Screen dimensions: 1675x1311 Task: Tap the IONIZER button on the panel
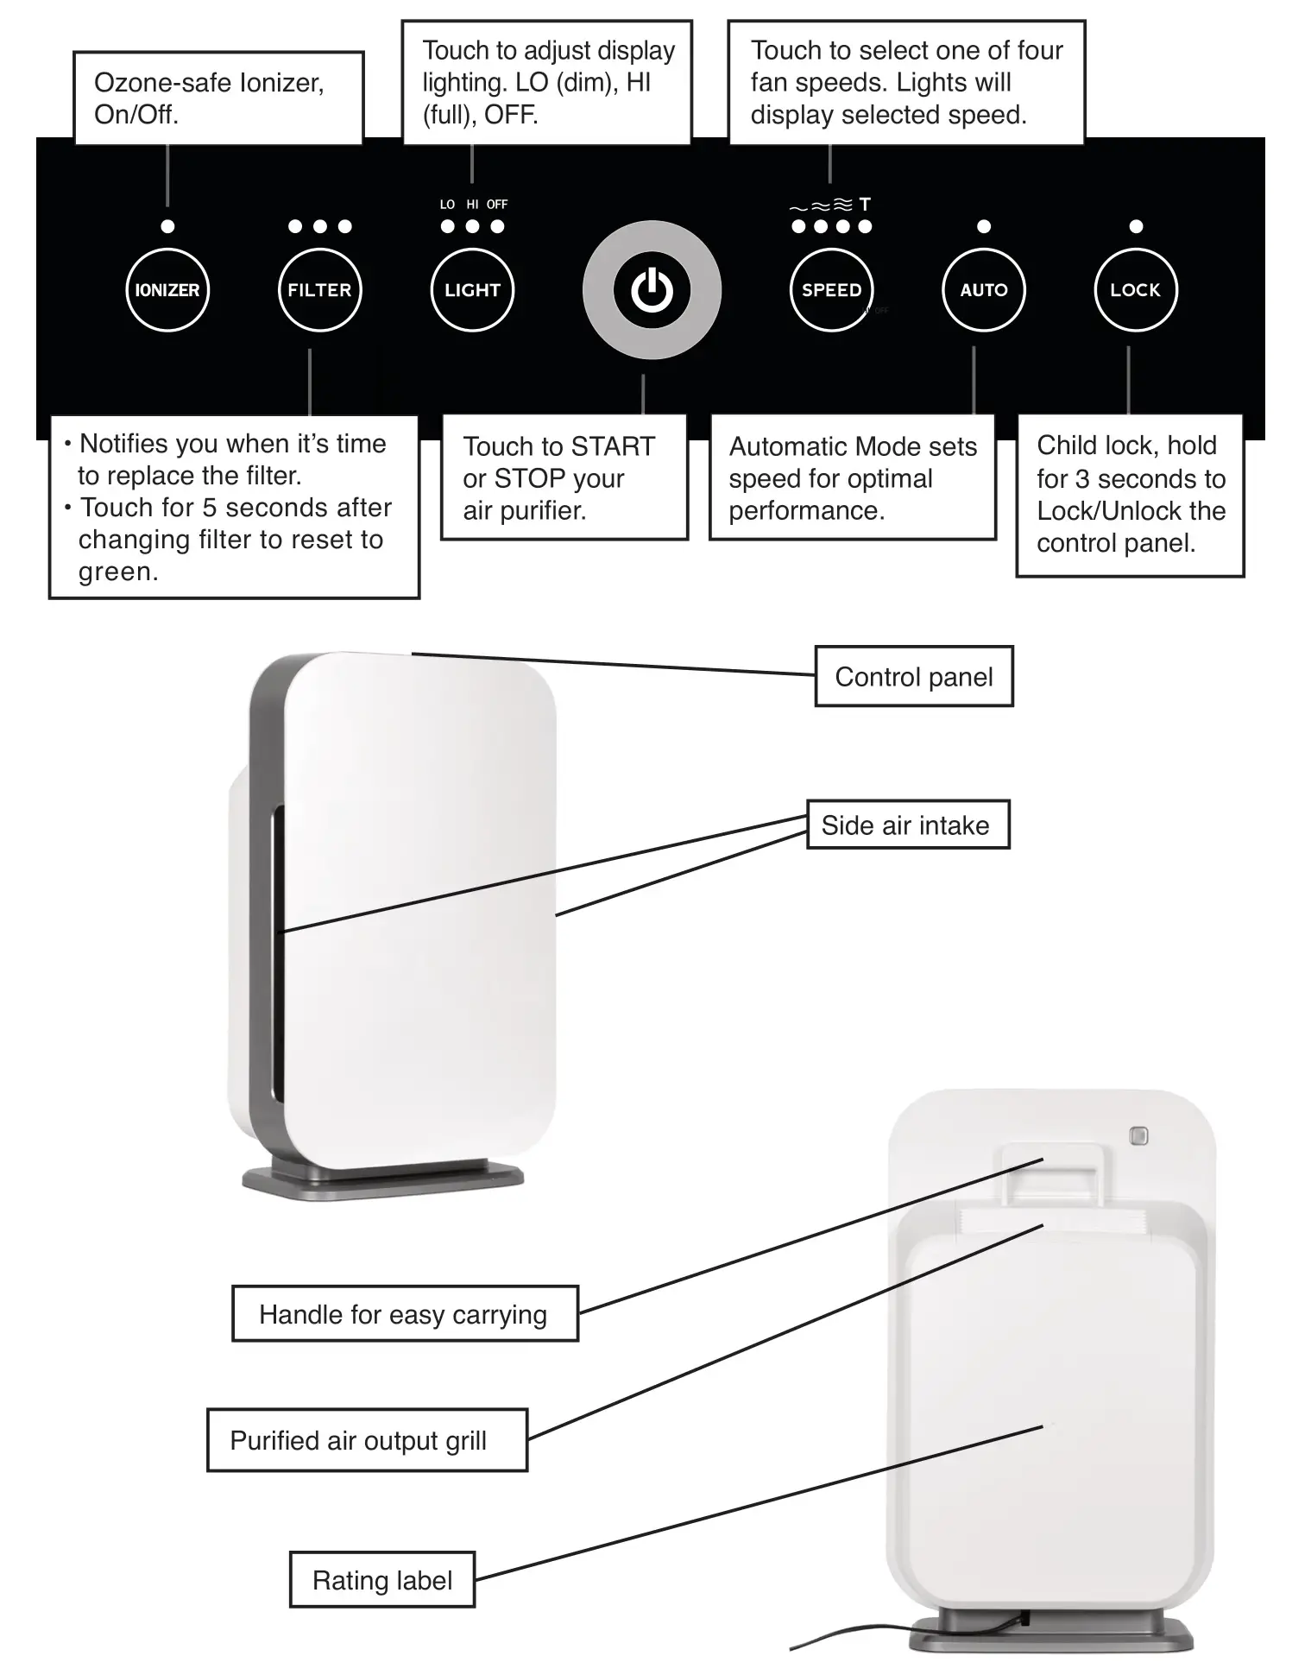point(167,290)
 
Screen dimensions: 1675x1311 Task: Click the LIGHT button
point(472,290)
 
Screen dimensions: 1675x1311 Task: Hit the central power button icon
point(652,290)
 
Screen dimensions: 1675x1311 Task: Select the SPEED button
point(831,290)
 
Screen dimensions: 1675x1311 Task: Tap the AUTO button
point(984,290)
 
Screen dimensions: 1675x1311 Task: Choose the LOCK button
point(1136,290)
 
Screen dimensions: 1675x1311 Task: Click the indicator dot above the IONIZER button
point(167,226)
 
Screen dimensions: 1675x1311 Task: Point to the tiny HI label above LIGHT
point(472,205)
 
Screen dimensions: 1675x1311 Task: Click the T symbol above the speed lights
point(865,205)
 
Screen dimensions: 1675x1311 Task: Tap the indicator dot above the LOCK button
point(1136,226)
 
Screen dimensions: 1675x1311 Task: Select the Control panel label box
point(914,677)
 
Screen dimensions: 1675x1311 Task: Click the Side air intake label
point(906,825)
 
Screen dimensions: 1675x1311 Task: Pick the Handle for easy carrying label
point(404,1314)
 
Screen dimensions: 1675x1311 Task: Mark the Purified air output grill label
point(366,1440)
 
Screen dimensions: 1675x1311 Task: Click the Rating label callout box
point(381,1580)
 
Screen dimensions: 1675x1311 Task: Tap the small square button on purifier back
point(1138,1136)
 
